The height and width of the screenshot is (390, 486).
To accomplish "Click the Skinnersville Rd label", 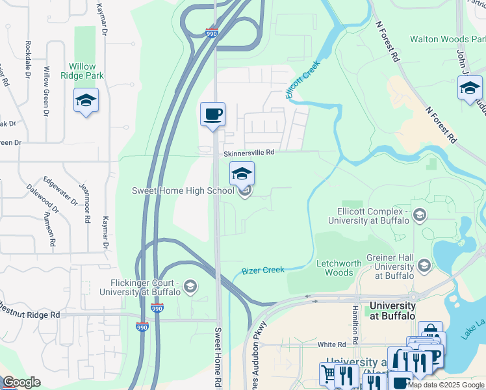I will [249, 153].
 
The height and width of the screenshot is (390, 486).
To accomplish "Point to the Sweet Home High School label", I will [183, 191].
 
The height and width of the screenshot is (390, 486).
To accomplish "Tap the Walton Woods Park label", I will [447, 39].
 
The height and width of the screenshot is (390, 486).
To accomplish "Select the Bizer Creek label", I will [263, 270].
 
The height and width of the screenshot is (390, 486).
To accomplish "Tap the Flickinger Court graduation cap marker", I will [190, 286].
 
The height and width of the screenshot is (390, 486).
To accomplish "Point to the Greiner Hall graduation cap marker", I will [424, 265].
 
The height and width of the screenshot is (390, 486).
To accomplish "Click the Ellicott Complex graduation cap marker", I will [420, 214].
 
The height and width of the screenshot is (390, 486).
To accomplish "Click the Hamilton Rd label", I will [355, 324].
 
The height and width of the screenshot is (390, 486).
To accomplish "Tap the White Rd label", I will [331, 344].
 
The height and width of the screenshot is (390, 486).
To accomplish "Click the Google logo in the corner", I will [21, 382].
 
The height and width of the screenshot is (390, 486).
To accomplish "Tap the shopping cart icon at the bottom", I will [328, 373].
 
